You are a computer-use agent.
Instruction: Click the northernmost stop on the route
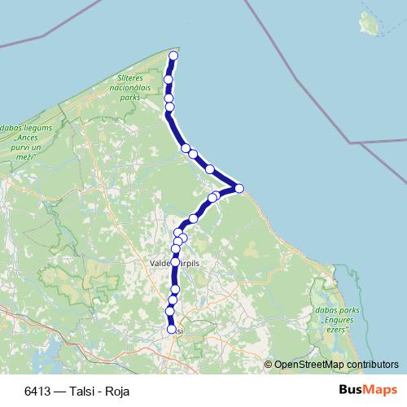coord(173,55)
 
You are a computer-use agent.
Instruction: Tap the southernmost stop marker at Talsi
coord(172,330)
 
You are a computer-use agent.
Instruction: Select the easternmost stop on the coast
coord(239,189)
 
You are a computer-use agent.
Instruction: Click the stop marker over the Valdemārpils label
coord(175,262)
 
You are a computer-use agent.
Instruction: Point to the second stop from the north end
coord(168,79)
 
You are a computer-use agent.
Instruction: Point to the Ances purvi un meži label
coord(28,142)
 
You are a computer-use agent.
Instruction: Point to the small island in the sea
coord(371,23)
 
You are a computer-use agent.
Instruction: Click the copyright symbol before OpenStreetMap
coord(269,364)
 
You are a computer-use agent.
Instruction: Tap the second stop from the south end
coord(170,311)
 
